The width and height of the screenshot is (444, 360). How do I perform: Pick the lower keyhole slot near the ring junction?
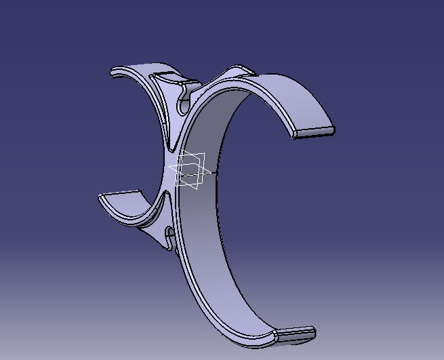click(x=169, y=237)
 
